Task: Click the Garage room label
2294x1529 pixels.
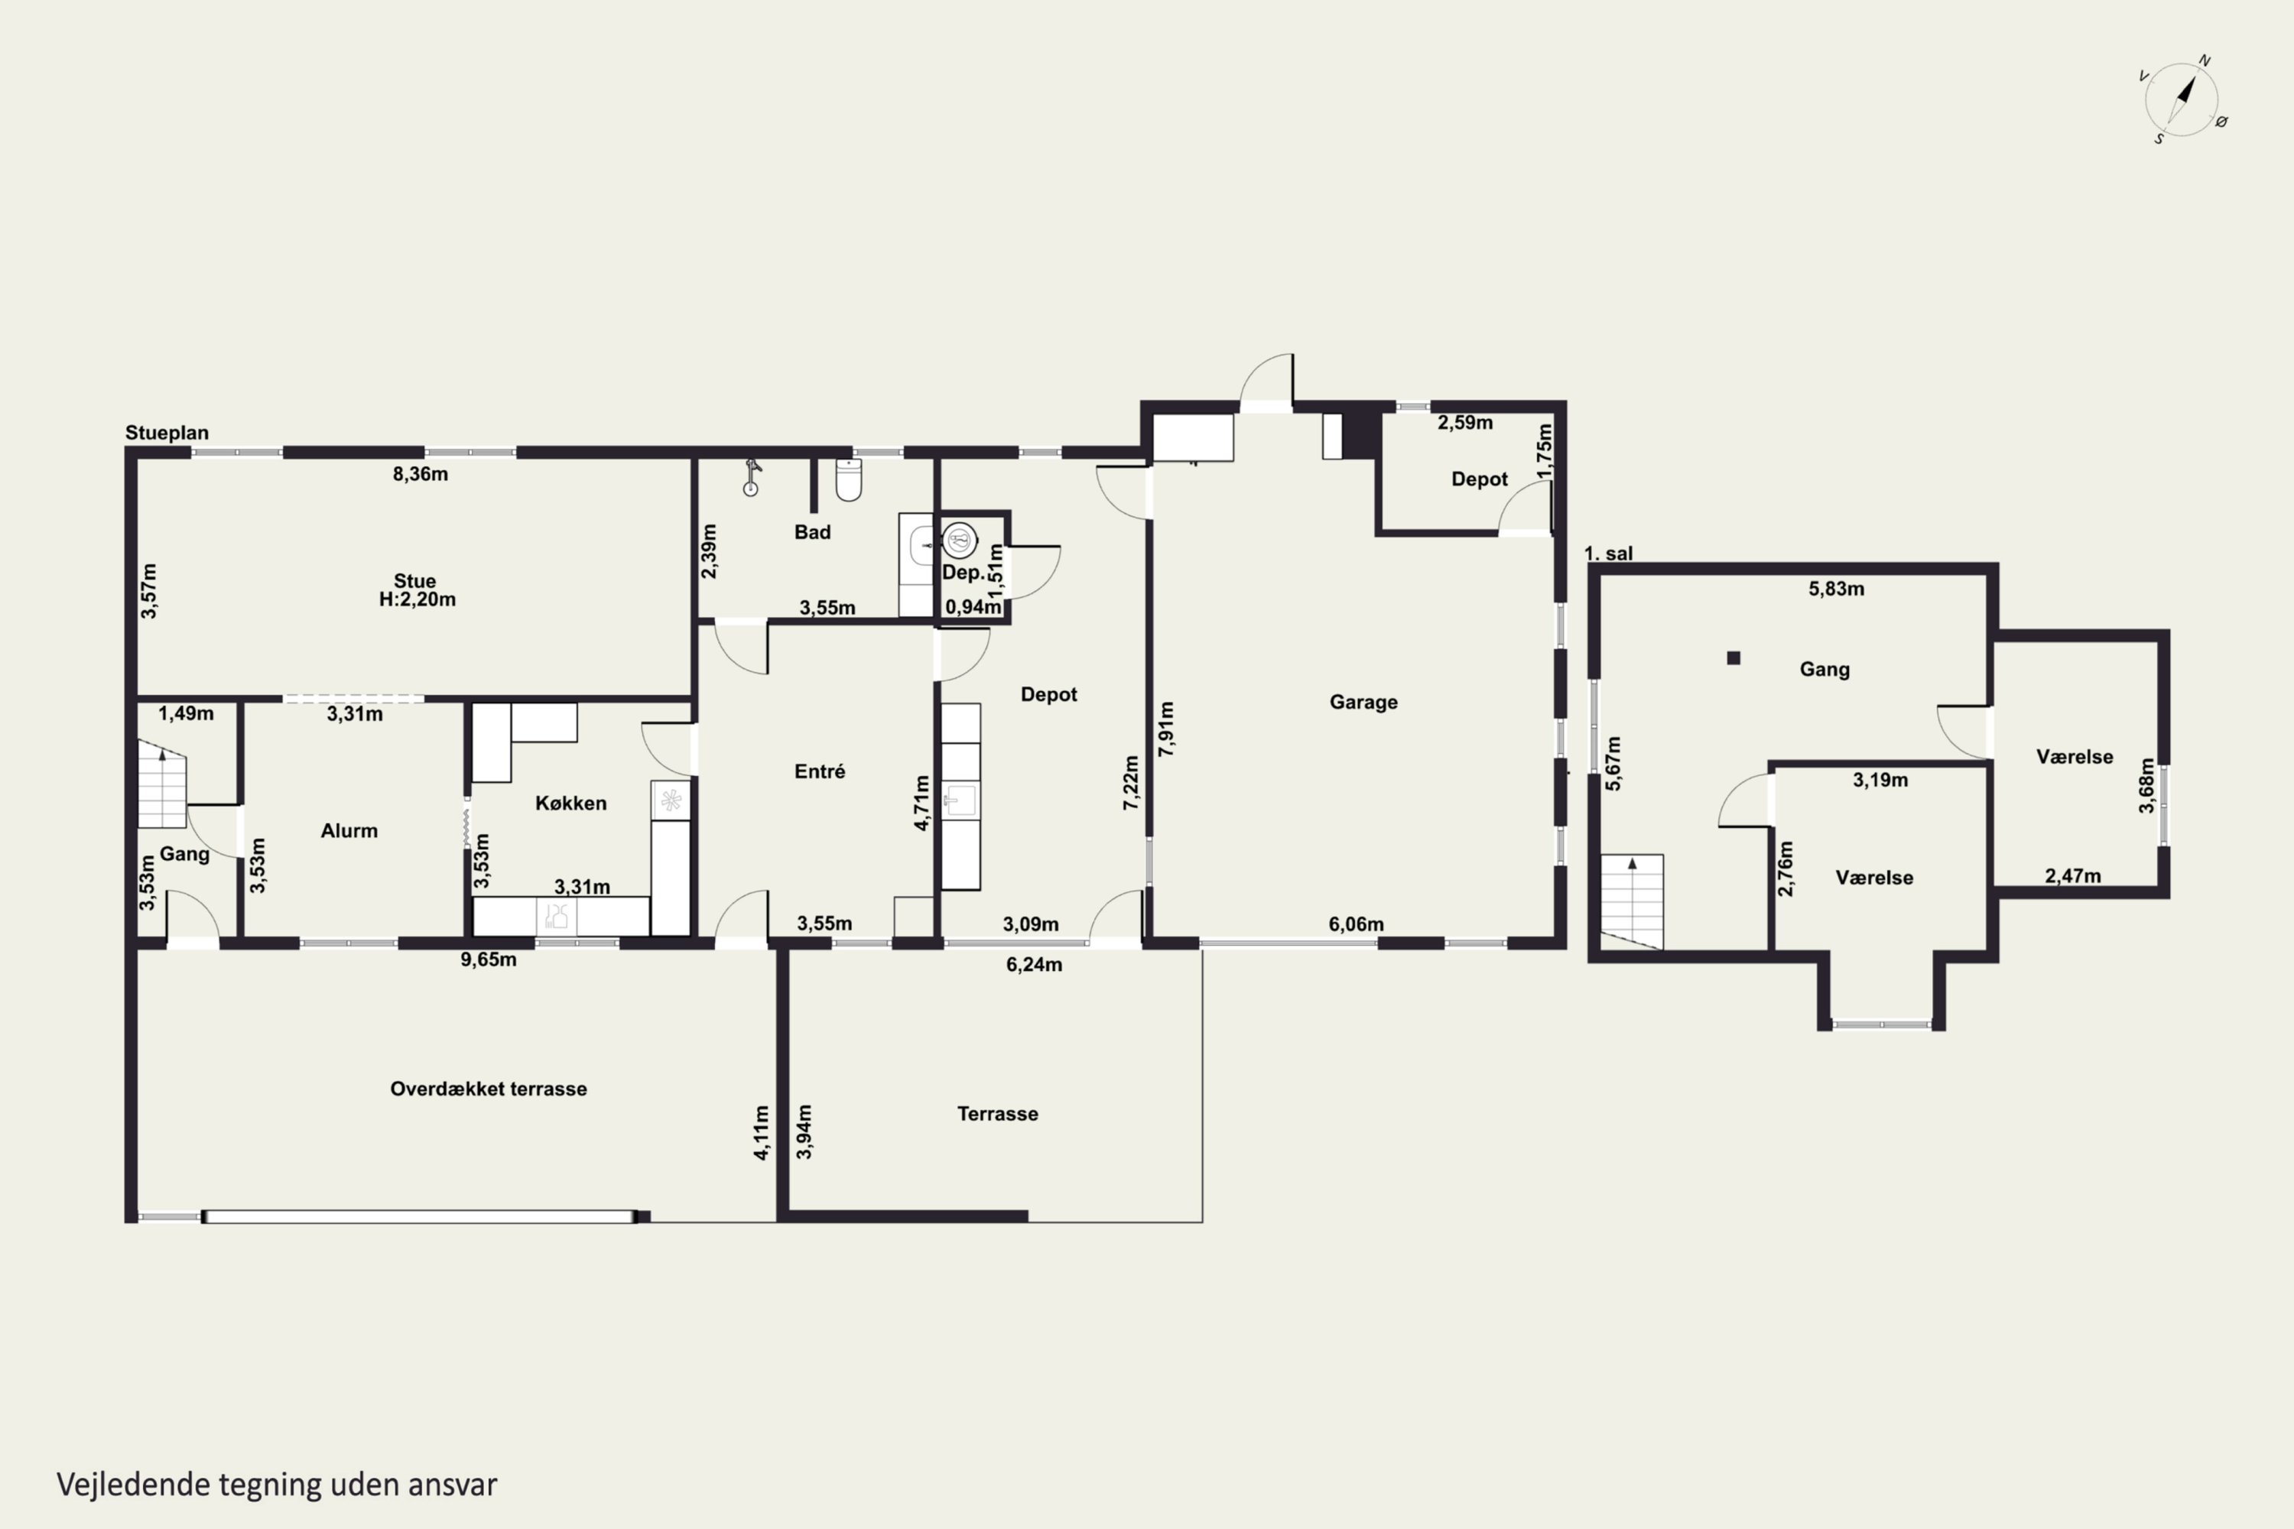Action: (1363, 702)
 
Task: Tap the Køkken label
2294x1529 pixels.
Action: (570, 803)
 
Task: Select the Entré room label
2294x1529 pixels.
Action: (819, 771)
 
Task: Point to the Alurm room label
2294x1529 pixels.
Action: (349, 831)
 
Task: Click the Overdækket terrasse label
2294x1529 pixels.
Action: (489, 1088)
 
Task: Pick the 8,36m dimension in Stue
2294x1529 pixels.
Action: (421, 474)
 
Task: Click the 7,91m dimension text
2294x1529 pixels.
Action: (1167, 729)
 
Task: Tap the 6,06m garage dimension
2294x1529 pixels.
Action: (1356, 924)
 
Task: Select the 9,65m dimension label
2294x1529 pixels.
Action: (489, 959)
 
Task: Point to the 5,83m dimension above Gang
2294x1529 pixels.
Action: (1837, 588)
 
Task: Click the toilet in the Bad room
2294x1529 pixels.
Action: (849, 480)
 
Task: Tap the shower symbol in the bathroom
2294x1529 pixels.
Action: (751, 478)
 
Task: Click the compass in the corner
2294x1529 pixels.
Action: (2184, 99)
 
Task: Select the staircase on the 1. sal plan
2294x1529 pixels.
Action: (1632, 902)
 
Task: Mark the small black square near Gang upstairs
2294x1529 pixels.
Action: (1733, 658)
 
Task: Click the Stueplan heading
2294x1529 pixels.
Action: (167, 432)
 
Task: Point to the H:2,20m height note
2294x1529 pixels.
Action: (418, 599)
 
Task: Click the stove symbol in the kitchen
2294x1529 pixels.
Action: (671, 800)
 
